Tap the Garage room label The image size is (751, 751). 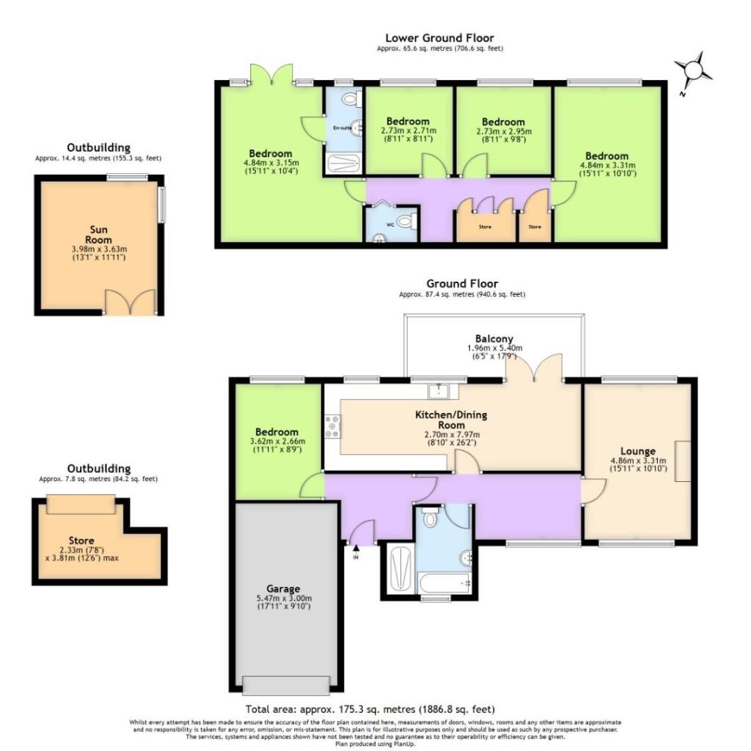click(283, 588)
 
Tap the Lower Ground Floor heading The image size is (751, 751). click(439, 38)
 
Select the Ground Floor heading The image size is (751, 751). click(462, 283)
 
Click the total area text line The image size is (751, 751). click(369, 709)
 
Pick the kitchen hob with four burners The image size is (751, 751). click(331, 427)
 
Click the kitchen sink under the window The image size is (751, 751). click(438, 390)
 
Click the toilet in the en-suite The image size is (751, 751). click(350, 100)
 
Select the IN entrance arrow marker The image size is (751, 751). click(356, 548)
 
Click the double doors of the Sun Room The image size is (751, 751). click(130, 302)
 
